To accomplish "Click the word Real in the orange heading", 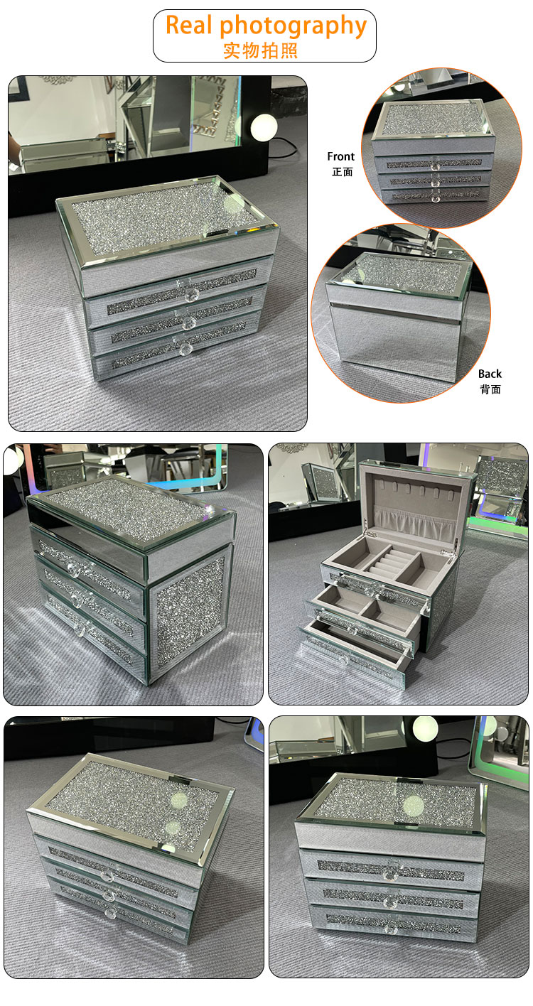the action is click(x=188, y=25).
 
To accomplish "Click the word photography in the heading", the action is click(x=294, y=28).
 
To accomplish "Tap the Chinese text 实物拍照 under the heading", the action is click(x=261, y=50).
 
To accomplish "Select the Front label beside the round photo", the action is click(x=340, y=156).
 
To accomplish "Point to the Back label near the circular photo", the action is click(x=490, y=374).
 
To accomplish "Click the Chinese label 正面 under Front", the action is click(x=343, y=171).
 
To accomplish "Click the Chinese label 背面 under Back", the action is click(x=490, y=389).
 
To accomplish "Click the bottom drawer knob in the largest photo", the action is click(x=186, y=349).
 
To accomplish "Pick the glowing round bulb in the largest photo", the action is click(x=264, y=127).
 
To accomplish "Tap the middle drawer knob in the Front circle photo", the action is click(x=434, y=183).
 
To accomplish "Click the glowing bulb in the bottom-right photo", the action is click(x=425, y=728).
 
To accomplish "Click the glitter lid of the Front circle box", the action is click(x=432, y=119).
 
